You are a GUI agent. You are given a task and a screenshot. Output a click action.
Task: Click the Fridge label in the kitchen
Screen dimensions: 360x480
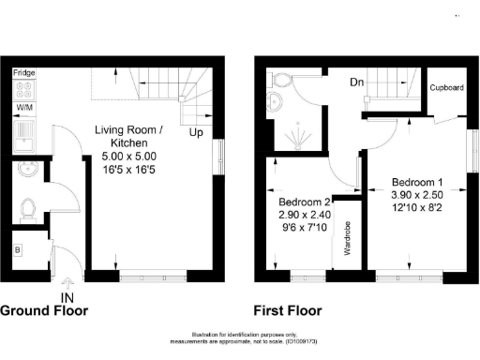(x=24, y=71)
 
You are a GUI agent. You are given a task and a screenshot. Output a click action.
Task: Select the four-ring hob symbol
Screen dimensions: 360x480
(x=24, y=90)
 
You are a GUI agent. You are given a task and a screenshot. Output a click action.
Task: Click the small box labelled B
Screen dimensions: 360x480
(x=18, y=250)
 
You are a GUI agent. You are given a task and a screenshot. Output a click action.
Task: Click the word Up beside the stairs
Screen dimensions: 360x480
(x=197, y=133)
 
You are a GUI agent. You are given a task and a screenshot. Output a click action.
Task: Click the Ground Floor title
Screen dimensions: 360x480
(x=44, y=310)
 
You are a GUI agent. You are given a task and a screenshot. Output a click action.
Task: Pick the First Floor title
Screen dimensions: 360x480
(x=288, y=310)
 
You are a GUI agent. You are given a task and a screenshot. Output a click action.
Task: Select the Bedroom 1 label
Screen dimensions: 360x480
(x=417, y=181)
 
